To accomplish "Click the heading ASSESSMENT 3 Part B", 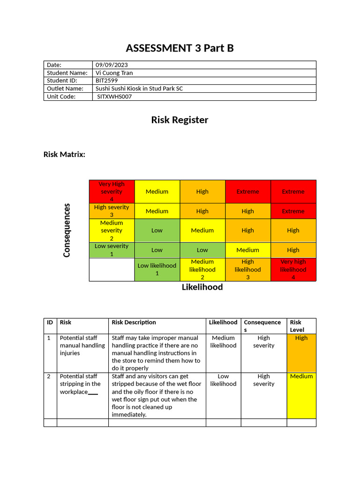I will tap(180, 48).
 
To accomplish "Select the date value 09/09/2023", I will tap(112, 65).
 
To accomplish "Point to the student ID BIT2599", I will tap(106, 81).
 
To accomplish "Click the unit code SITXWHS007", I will tap(114, 97).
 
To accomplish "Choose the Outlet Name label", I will tap(65, 89).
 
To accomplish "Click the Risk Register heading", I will tap(180, 120).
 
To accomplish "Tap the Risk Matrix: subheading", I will tap(64, 154).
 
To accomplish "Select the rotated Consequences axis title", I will tap(67, 230).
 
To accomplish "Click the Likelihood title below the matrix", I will tap(202, 287).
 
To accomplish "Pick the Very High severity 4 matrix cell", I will tap(112, 191).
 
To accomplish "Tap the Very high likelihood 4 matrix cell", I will tap(293, 270).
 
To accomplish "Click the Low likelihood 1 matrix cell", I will tap(157, 270).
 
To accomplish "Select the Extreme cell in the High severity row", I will tap(293, 211).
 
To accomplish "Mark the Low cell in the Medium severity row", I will tap(157, 231).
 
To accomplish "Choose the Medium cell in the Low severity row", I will tap(247, 250).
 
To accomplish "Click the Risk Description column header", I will tap(134, 322).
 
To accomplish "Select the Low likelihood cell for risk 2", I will tap(223, 380).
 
